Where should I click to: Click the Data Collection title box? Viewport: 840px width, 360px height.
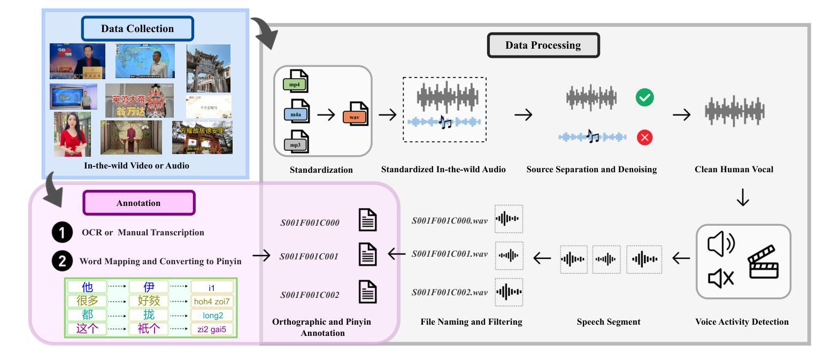pos(137,29)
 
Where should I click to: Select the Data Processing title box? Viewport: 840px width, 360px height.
pos(543,45)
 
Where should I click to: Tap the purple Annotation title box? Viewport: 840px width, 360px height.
pos(138,203)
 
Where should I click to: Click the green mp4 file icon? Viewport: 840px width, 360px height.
pos(296,82)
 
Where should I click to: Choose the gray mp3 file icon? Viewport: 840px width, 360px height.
pos(296,142)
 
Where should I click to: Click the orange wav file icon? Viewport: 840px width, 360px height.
pos(356,114)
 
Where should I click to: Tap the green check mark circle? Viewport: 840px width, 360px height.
pos(644,97)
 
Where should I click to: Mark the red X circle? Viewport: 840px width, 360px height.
pos(644,137)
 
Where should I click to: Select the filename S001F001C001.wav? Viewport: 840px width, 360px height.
pos(449,254)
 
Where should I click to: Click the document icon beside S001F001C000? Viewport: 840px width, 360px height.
pos(367,220)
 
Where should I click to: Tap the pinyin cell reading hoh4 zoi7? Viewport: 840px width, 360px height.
pos(212,302)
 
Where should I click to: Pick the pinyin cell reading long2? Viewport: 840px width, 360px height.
pos(212,316)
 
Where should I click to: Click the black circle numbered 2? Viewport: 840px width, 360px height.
pos(62,261)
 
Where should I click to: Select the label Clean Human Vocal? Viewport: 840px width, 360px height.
pos(734,170)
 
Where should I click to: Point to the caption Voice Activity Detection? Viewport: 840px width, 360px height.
pos(742,322)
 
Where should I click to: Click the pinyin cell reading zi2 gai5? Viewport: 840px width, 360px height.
pos(212,330)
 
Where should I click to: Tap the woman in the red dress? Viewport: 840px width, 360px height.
pos(72,135)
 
